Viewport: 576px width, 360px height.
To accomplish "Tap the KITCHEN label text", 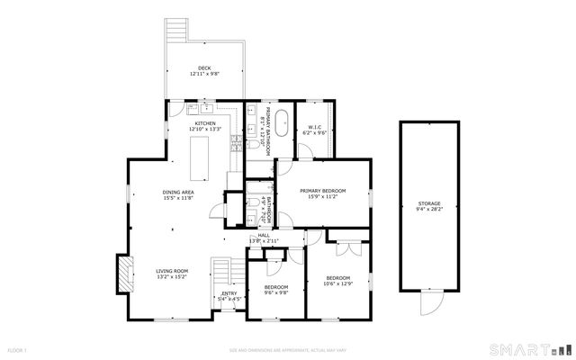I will click(x=204, y=123).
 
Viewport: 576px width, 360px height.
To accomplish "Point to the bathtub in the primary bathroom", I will click(x=281, y=122).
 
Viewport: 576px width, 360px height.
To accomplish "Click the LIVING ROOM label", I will click(x=171, y=271).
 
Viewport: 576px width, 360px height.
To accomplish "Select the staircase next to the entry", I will click(x=221, y=272).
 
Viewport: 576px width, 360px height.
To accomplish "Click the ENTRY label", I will click(x=229, y=293).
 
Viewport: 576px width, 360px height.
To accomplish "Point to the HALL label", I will click(x=264, y=235).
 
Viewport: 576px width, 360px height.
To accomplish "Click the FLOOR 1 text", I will click(x=18, y=350).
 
